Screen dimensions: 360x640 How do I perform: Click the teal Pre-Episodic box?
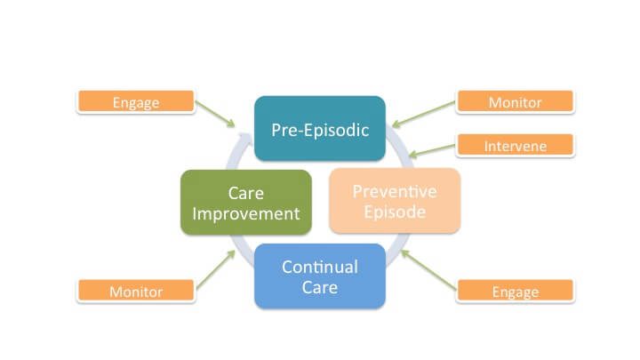click(x=319, y=129)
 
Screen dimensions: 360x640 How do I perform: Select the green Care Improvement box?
click(x=245, y=203)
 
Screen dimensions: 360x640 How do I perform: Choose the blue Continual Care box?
click(x=320, y=276)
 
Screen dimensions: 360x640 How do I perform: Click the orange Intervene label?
click(x=516, y=145)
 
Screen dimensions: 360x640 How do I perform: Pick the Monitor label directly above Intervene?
click(x=516, y=102)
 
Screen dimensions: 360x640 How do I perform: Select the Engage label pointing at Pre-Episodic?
click(x=135, y=102)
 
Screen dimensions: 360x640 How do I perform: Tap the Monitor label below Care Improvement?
click(x=135, y=291)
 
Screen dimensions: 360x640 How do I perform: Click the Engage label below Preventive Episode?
click(x=516, y=291)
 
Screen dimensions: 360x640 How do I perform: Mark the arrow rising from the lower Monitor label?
click(x=216, y=269)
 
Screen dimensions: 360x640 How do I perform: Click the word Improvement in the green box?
click(x=245, y=213)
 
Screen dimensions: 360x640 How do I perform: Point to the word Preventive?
click(x=395, y=190)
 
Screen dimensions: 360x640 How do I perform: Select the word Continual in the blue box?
click(x=320, y=267)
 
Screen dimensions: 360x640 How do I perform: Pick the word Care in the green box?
click(x=245, y=192)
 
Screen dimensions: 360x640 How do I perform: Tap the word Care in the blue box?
click(x=320, y=287)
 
